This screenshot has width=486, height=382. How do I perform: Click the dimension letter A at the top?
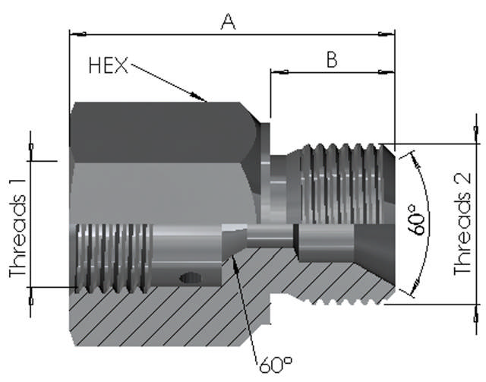228,22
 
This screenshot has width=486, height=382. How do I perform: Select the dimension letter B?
332,59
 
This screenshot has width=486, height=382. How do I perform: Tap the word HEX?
108,65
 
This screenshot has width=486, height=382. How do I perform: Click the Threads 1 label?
17,235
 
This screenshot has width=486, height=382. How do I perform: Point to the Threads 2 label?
462,224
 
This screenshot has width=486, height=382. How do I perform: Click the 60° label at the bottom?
276,365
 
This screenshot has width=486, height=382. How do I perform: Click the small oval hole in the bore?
189,277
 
